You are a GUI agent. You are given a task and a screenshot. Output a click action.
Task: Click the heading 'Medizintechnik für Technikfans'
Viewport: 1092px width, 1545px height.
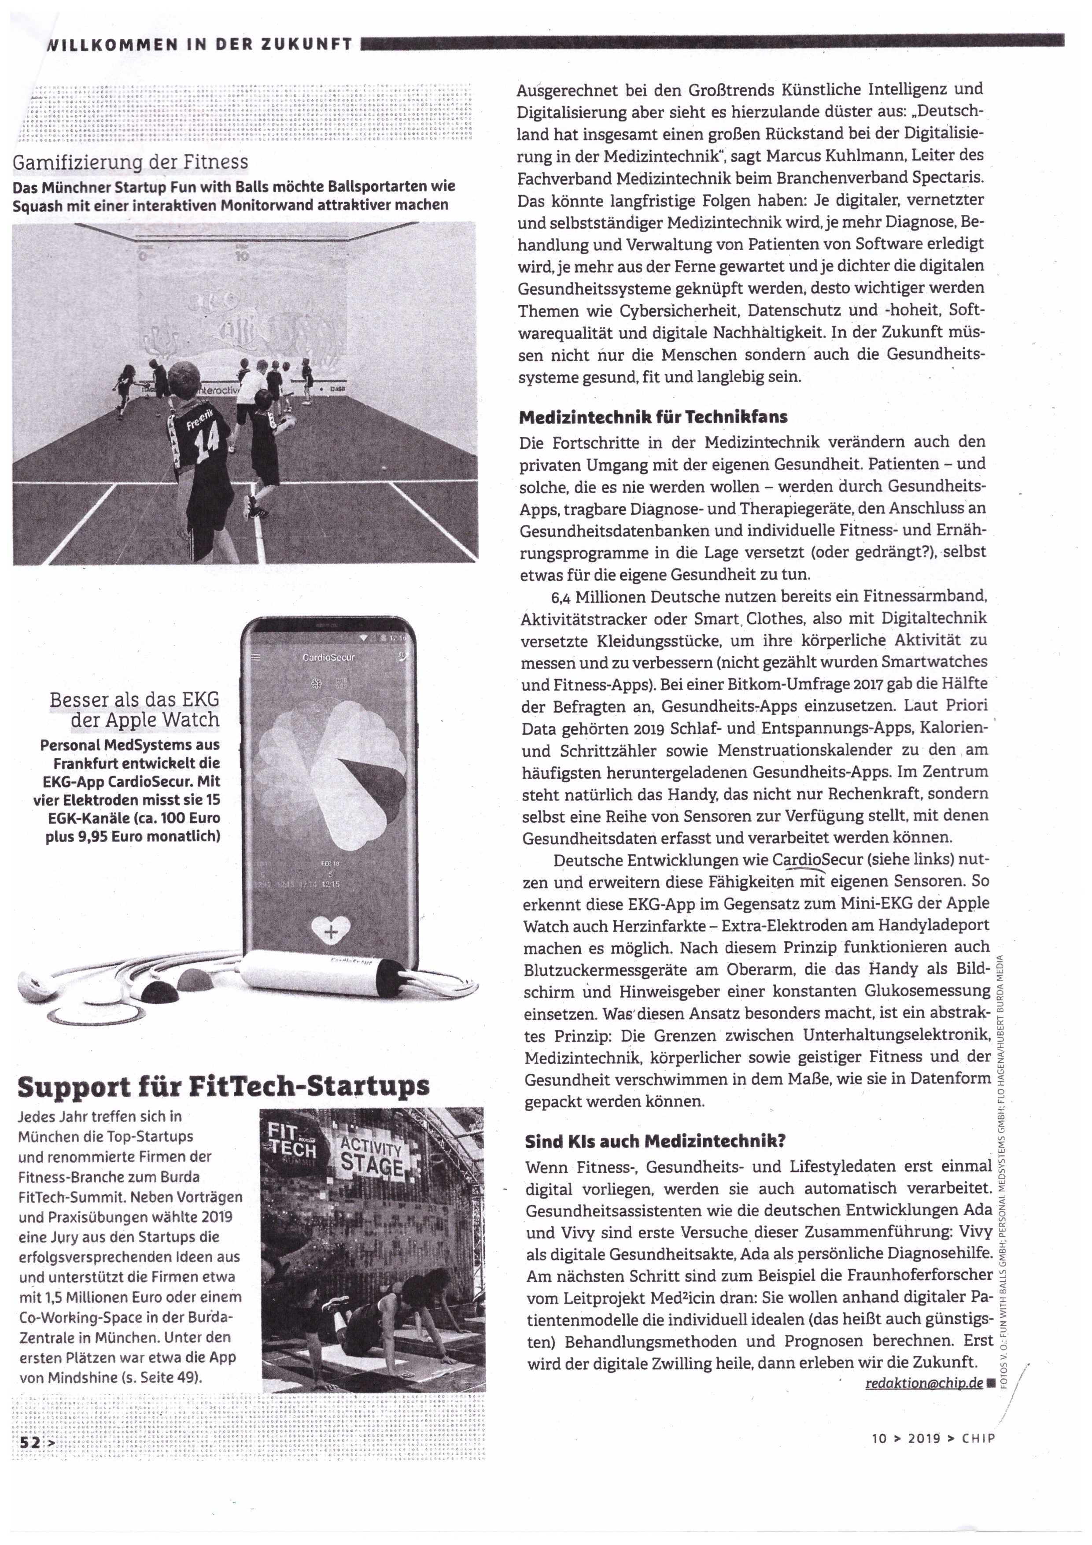pyautogui.click(x=653, y=417)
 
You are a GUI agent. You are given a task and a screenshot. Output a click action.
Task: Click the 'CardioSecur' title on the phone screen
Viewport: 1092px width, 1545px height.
pyautogui.click(x=329, y=657)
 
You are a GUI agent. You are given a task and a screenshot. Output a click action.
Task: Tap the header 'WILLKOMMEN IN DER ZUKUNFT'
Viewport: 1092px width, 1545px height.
pyautogui.click(x=199, y=44)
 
